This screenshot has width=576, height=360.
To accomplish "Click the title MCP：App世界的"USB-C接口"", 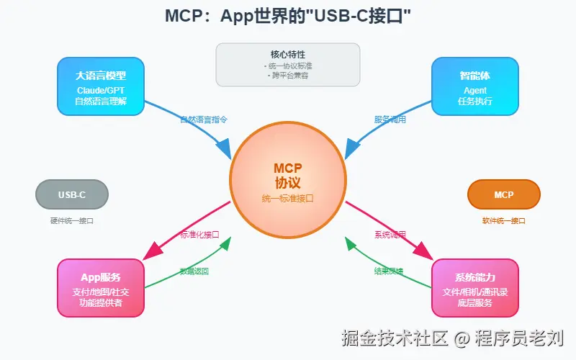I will (288, 16).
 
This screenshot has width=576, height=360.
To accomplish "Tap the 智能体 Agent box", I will (474, 86).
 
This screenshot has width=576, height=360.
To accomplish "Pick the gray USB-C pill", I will (71, 194).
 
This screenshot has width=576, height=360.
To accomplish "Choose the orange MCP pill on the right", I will (503, 194).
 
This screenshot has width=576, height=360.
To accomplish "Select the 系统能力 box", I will (474, 288).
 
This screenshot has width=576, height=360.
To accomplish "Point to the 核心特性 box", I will (288, 64).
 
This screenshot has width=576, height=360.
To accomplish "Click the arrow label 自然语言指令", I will (205, 119).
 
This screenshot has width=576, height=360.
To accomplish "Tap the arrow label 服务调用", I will (390, 119).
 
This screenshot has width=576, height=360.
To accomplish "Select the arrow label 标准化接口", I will (199, 235).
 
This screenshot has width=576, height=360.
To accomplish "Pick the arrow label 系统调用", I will (390, 235).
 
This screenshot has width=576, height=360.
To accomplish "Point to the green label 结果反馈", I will (389, 271).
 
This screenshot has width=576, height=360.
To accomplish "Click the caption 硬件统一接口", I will (71, 221).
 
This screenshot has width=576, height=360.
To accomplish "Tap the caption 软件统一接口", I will (503, 221).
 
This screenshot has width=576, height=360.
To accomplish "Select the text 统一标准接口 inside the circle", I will (288, 198).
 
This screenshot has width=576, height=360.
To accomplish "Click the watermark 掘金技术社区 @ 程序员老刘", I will (453, 337).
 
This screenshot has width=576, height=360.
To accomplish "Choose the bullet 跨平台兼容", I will (288, 74).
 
